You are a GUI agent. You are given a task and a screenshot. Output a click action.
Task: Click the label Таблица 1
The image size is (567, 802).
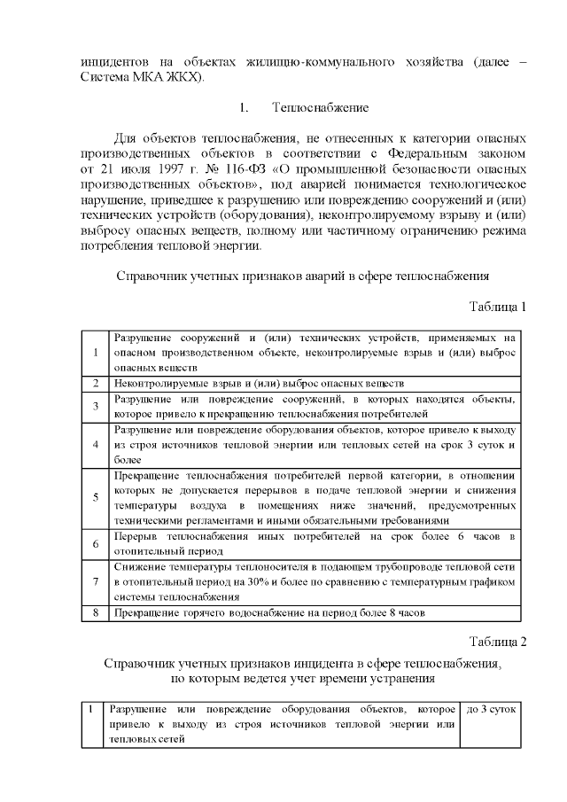[x=498, y=307]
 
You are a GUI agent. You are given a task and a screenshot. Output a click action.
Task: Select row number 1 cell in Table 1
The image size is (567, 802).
[x=95, y=352]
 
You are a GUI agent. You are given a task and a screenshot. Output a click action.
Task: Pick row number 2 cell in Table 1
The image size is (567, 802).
[x=95, y=384]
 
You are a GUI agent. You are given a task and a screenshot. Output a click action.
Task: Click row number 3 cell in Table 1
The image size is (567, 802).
[x=95, y=406]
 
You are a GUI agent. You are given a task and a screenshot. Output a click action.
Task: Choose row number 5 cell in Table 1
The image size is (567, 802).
[x=95, y=497]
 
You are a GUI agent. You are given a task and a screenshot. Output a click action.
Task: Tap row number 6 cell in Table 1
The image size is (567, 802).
[x=95, y=543]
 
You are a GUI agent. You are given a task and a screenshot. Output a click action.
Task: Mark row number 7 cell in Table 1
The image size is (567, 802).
[x=95, y=581]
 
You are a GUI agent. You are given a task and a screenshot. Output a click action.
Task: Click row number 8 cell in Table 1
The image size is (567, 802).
[x=95, y=612]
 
